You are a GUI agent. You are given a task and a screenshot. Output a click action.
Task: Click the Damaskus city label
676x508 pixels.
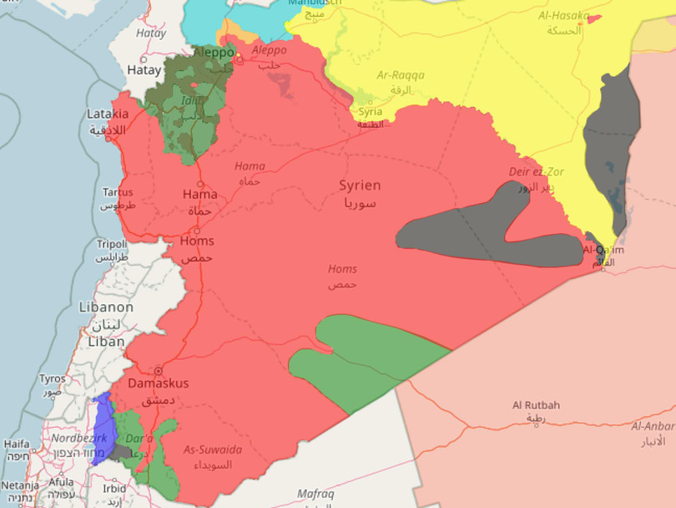point(158,384)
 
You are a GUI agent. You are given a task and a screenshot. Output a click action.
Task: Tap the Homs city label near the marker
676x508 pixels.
point(197,241)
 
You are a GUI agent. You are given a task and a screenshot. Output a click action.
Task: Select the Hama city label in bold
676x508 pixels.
point(199,195)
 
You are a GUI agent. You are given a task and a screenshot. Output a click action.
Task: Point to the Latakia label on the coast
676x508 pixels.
point(107,114)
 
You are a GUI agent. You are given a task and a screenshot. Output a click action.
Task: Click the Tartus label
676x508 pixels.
point(117,192)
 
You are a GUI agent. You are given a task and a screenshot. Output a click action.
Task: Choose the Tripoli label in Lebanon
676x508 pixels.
point(112,244)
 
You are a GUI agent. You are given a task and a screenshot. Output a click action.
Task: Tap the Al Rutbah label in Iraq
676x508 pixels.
point(536,405)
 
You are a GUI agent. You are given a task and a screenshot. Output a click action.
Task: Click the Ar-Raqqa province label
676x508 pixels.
point(401,75)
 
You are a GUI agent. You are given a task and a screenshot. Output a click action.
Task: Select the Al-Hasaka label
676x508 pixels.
point(564,16)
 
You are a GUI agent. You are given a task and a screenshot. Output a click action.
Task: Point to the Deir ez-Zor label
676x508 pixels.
point(537,172)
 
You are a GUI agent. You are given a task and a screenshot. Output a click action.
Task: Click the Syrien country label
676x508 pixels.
point(360,185)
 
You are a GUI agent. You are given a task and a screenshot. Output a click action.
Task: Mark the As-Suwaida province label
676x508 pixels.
point(213,450)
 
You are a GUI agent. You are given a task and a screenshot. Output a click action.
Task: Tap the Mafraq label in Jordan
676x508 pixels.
point(315,495)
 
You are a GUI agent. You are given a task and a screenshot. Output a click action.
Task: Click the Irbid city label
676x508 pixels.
point(114,489)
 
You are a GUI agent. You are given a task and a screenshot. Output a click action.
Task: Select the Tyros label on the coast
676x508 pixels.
point(52,379)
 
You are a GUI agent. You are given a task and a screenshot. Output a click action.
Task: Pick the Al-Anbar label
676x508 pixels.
point(653,426)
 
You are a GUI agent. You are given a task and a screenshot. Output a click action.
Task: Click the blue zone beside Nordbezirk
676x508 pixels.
point(103,428)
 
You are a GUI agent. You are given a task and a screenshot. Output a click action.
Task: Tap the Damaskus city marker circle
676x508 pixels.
point(157,370)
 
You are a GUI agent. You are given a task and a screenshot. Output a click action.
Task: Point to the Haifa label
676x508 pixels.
point(17,444)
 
